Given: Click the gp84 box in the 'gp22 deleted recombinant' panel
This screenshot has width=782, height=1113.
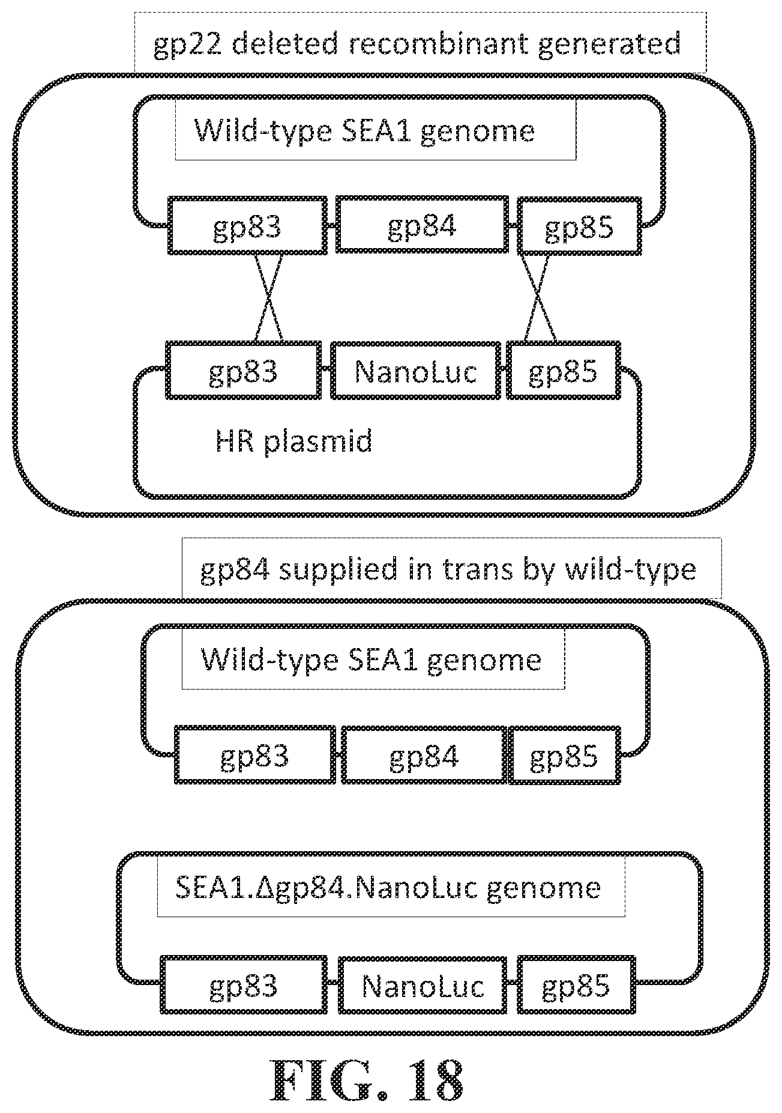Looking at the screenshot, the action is coord(422,225).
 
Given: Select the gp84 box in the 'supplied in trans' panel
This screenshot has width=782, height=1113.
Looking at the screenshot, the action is coord(424,755).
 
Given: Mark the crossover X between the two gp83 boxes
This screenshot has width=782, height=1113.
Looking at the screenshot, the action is coord(269,297).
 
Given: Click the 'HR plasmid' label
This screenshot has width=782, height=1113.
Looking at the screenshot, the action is coord(293,441).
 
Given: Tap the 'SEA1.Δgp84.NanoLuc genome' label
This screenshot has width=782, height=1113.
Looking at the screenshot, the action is coord(388,887).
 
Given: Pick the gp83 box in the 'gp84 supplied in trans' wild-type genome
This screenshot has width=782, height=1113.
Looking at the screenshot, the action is coord(255,755).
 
